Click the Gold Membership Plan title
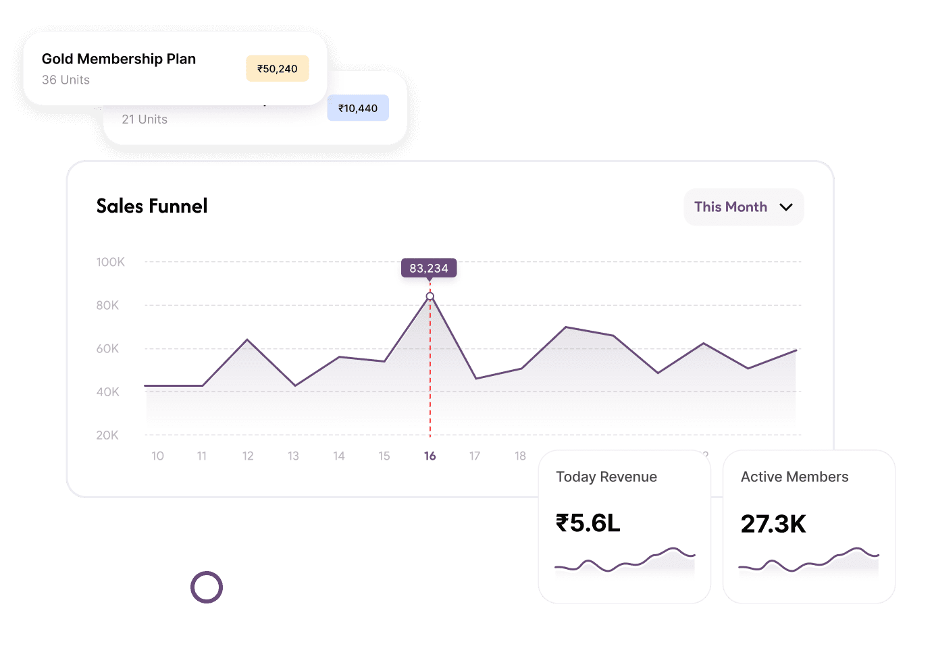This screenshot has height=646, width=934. [119, 59]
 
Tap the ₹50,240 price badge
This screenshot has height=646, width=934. [278, 69]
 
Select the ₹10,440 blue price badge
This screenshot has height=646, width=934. [358, 108]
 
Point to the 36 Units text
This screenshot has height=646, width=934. [66, 80]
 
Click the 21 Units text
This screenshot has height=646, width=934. [145, 119]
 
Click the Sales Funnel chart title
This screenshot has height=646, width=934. [152, 206]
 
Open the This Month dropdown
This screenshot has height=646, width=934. [744, 207]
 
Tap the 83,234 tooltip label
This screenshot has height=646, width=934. [429, 268]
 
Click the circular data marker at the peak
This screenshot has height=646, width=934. [430, 296]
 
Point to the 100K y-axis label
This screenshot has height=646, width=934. [110, 262]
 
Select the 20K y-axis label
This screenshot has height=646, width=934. [107, 435]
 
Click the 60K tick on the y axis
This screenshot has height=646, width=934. [107, 349]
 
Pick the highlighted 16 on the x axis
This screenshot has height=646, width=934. [430, 456]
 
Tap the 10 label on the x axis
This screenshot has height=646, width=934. [157, 456]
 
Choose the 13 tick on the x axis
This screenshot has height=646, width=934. [293, 456]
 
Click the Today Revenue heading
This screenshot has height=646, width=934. [606, 477]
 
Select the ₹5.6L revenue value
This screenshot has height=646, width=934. [588, 523]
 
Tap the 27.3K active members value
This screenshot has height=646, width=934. [773, 524]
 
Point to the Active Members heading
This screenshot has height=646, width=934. [794, 477]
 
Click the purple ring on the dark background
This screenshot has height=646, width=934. [207, 587]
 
